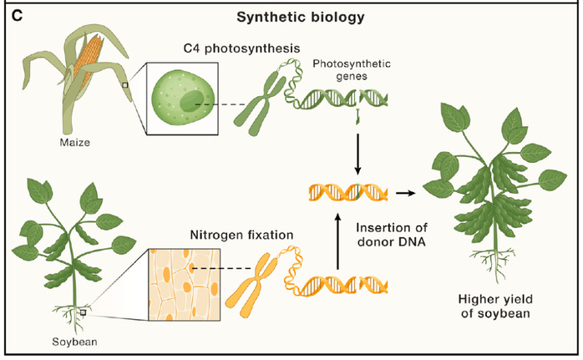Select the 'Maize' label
[74, 142]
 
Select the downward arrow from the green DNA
[359, 155]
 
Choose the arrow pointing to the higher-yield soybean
[407, 193]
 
